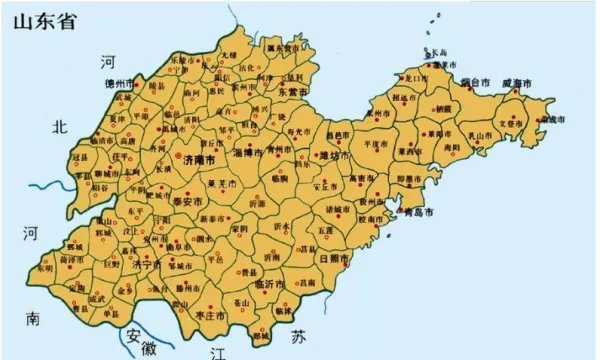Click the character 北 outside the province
point(62,127)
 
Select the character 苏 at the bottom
point(297,336)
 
